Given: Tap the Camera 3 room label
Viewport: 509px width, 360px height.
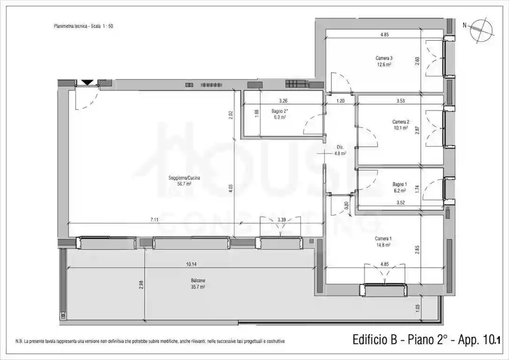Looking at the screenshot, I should tap(384, 59).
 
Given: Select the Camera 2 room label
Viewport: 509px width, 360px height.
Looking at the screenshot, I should tap(400, 122).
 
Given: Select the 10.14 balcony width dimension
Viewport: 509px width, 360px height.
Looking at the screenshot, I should tap(190, 264).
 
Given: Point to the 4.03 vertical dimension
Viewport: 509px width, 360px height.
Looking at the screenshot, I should tap(231, 189).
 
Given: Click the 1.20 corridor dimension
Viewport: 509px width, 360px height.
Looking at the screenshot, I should tap(340, 101).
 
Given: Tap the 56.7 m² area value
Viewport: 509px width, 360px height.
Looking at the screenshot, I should tap(184, 184).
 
